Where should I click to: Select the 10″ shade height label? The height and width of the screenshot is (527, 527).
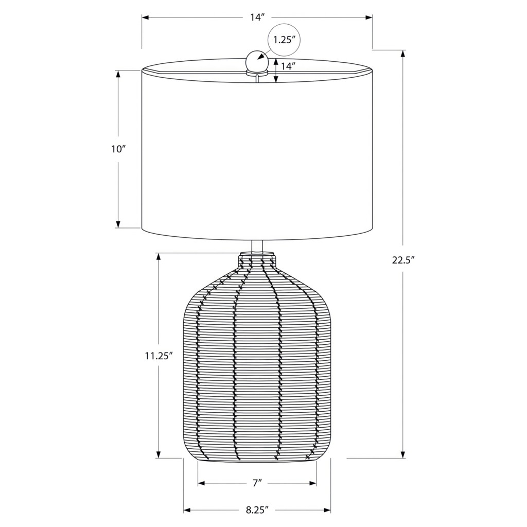click(x=118, y=149)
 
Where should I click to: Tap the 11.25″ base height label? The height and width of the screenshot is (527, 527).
click(x=159, y=356)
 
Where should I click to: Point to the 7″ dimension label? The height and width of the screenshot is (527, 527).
click(x=257, y=483)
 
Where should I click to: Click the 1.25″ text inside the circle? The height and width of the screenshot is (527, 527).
click(x=284, y=40)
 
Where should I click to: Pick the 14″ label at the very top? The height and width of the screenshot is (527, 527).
click(x=257, y=17)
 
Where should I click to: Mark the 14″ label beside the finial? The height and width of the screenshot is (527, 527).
click(x=288, y=66)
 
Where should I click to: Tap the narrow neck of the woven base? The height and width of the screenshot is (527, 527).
click(x=257, y=259)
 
